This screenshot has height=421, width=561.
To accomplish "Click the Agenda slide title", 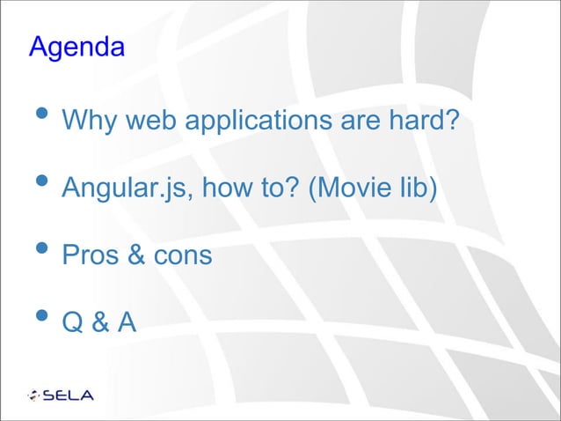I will coord(76,47).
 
